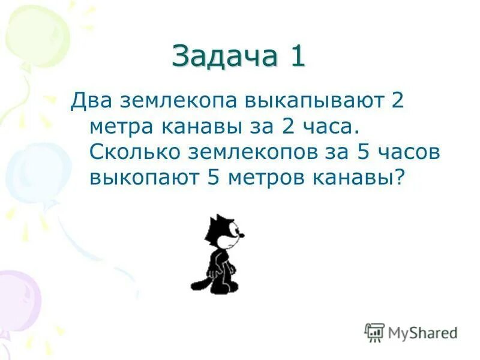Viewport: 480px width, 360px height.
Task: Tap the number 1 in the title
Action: click(x=297, y=56)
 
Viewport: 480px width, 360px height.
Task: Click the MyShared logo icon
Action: click(x=374, y=332)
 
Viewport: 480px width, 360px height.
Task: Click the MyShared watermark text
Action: click(x=422, y=332)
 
